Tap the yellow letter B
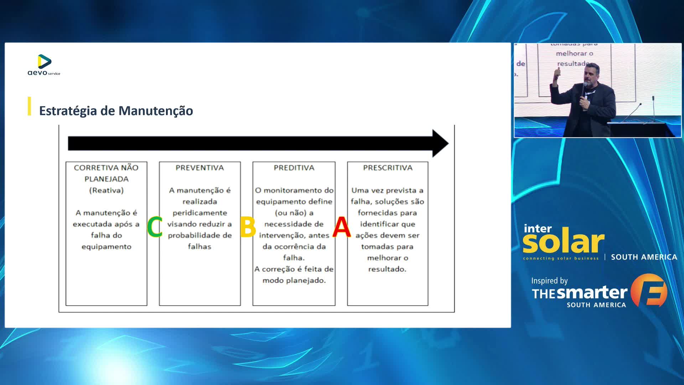pyautogui.click(x=248, y=227)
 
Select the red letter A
pyautogui.click(x=341, y=227)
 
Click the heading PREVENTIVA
pyautogui.click(x=199, y=168)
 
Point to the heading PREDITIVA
pyautogui.click(x=294, y=168)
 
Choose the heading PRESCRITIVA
pyautogui.click(x=388, y=168)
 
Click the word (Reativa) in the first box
pyautogui.click(x=106, y=190)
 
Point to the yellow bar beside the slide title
pyautogui.click(x=29, y=106)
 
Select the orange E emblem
pyautogui.click(x=649, y=290)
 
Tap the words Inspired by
pyautogui.click(x=549, y=281)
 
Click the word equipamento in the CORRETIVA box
pyautogui.click(x=106, y=247)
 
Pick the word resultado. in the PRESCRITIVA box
pyautogui.click(x=387, y=269)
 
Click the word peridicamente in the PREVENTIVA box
pyautogui.click(x=199, y=213)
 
